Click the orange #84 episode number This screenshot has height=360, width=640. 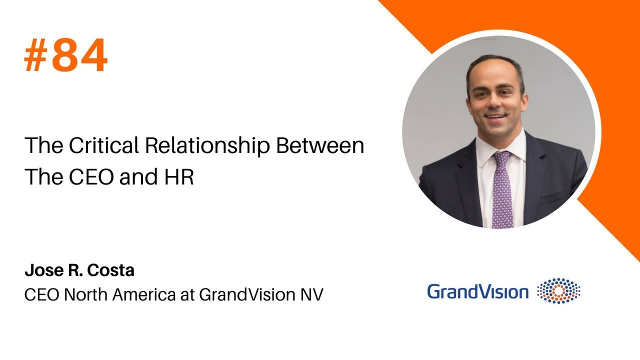point(66,56)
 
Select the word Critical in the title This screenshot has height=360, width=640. point(103,145)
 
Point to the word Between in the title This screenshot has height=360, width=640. point(320,145)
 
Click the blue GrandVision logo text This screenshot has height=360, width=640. point(477,291)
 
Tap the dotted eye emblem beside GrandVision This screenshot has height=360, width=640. point(558,291)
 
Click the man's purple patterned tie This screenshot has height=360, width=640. point(501,190)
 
